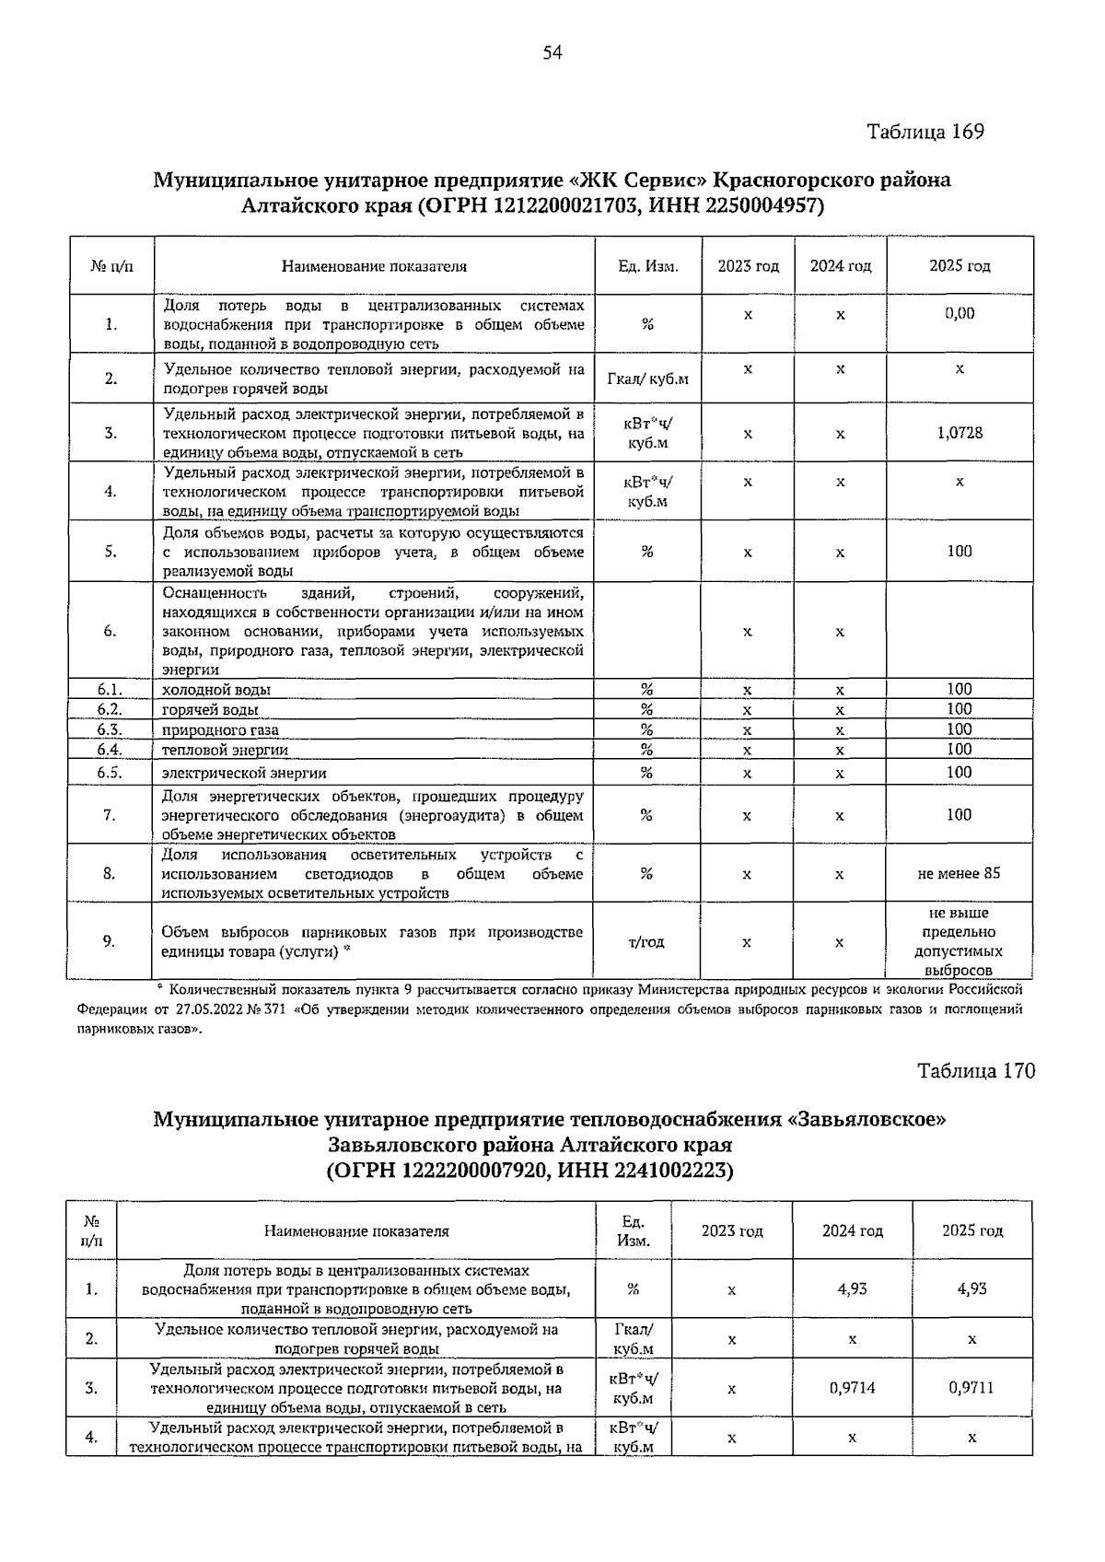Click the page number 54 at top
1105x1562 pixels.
pos(552,52)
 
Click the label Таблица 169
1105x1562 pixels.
pos(925,132)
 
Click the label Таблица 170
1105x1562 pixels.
pos(976,1071)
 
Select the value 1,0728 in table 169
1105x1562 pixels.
pos(960,433)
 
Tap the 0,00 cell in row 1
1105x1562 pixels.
pos(960,313)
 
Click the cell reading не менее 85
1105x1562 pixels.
pos(959,873)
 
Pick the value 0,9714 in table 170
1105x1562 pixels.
pos(852,1388)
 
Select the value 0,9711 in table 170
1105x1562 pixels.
pos(971,1388)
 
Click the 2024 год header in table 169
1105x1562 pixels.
pos(840,266)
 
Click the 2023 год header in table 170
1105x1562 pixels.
pos(732,1231)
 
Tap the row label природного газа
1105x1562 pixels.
pos(220,729)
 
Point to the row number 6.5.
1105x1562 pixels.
pos(110,772)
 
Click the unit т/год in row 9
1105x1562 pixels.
pos(646,941)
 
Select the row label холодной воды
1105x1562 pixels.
pos(216,689)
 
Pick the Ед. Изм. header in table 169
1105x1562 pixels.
pos(647,266)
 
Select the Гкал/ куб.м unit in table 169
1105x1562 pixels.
pos(647,379)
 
